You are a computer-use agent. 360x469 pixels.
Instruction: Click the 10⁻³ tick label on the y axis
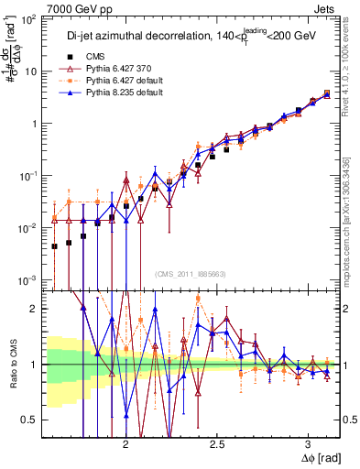pos(29,279)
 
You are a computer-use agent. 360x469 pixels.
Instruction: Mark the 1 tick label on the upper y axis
pos(36,124)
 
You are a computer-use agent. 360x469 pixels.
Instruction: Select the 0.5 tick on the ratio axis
pos(31,420)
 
